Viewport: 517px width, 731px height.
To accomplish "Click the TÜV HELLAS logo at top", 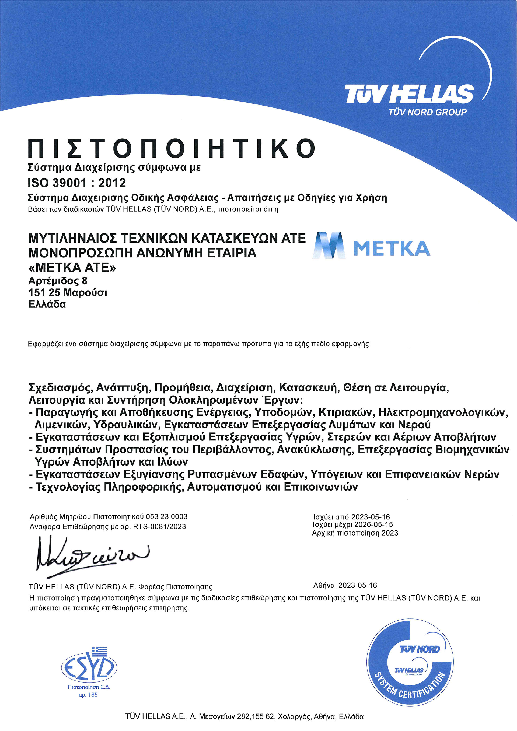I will (x=409, y=94).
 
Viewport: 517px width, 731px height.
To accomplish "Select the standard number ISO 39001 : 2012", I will (x=77, y=183).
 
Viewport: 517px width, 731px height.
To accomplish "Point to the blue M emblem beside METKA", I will (x=329, y=245).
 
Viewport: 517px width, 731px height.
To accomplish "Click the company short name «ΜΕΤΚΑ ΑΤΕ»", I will (x=72, y=268).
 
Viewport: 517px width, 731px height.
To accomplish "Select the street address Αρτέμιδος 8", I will (x=58, y=281).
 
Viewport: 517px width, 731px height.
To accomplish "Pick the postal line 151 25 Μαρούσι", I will (x=68, y=292).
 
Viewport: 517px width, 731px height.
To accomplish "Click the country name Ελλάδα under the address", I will (x=47, y=304).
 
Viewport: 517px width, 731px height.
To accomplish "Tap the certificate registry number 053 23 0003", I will (x=166, y=516).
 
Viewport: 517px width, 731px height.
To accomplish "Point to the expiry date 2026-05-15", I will (x=373, y=524).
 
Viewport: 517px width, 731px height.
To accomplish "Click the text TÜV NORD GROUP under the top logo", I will (x=427, y=112).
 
